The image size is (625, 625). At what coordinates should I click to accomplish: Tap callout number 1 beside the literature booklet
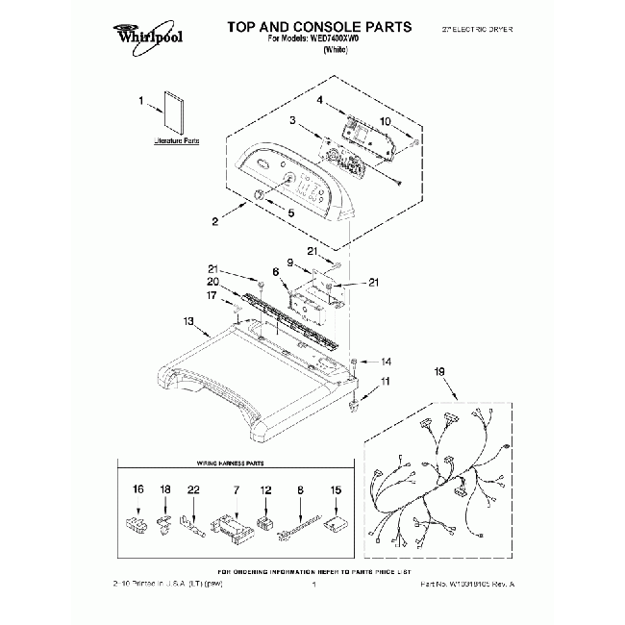140,101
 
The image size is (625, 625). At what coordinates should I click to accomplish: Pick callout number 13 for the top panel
188,321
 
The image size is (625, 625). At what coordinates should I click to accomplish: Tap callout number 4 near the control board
319,101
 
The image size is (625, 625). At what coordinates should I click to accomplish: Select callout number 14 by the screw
387,362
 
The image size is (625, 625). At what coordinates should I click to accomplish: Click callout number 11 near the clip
387,383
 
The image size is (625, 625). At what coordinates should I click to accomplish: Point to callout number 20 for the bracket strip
213,282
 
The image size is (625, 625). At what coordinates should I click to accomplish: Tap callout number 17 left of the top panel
213,296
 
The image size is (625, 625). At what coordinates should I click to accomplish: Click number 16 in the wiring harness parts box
137,489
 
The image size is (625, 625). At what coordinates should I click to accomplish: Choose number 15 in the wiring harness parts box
336,489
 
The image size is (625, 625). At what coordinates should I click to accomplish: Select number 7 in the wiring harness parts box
236,489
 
